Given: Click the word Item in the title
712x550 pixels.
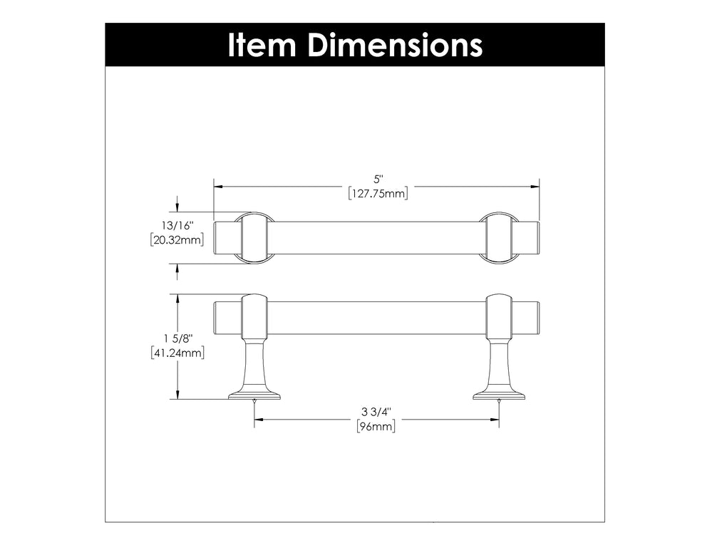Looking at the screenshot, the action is [x=262, y=45].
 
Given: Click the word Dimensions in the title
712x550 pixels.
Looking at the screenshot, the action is [x=395, y=45].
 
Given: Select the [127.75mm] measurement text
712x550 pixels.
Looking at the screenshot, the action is [x=378, y=194].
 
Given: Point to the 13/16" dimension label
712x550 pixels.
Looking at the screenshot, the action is [x=177, y=226].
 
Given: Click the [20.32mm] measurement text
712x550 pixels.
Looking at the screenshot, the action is [x=177, y=239].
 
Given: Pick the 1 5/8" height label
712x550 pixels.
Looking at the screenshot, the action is [x=178, y=338].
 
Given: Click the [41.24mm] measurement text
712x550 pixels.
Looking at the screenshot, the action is [x=177, y=352].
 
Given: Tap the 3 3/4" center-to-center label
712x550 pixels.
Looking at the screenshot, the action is [x=376, y=412].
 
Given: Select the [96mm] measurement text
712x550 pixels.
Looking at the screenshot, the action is [x=376, y=426].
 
